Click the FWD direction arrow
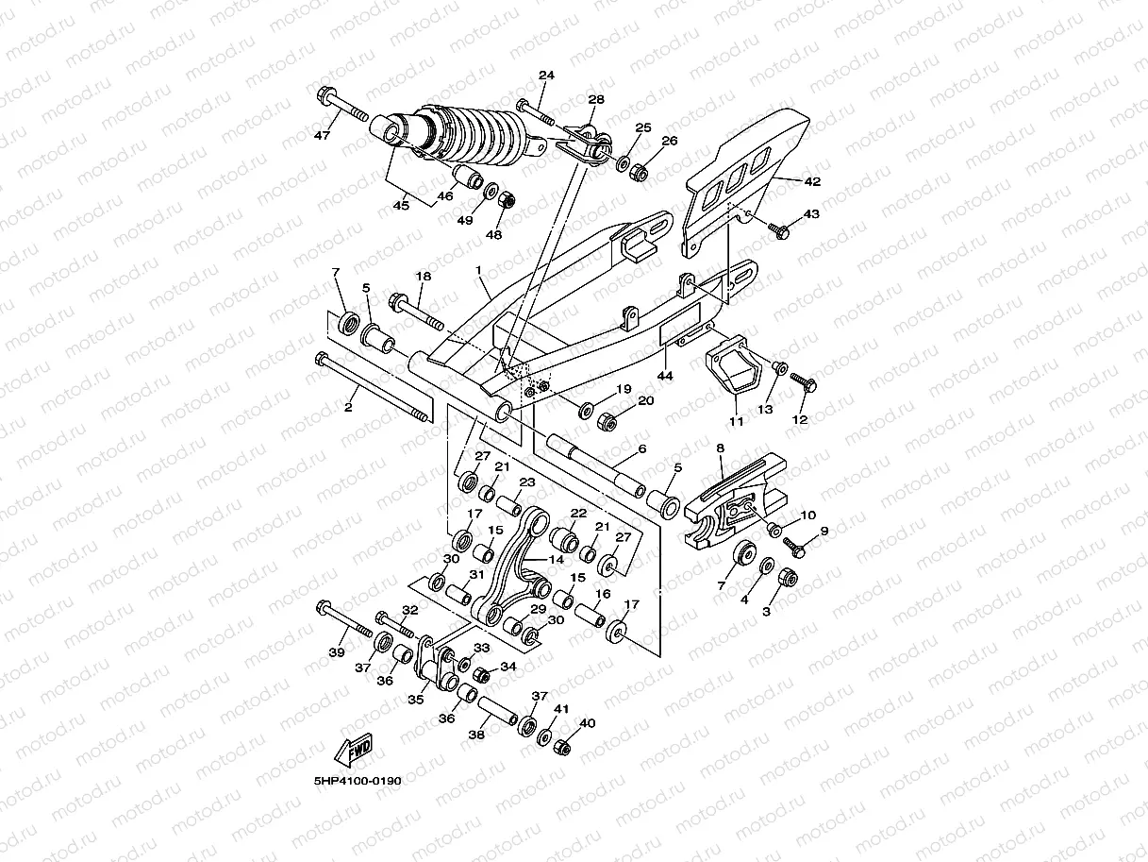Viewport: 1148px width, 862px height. click(354, 752)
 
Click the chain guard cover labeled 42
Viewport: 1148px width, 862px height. click(745, 179)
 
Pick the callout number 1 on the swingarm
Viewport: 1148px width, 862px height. click(478, 270)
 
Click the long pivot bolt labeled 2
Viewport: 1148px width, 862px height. click(373, 389)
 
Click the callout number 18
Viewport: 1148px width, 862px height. click(424, 277)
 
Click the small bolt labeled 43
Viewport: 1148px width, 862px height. click(780, 228)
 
